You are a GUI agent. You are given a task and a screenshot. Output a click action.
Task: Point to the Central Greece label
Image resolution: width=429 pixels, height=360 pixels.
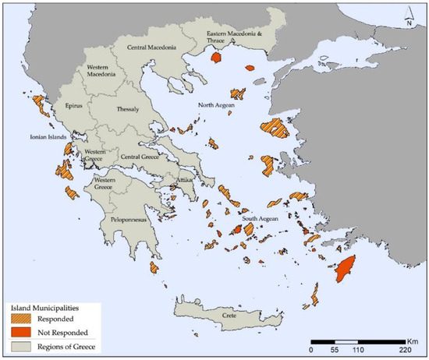[x=138, y=157]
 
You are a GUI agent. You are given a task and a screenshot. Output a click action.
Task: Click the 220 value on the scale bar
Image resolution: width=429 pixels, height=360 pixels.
[x=405, y=351]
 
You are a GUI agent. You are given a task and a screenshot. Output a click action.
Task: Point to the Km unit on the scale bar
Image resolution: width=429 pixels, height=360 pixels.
[x=413, y=340]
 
